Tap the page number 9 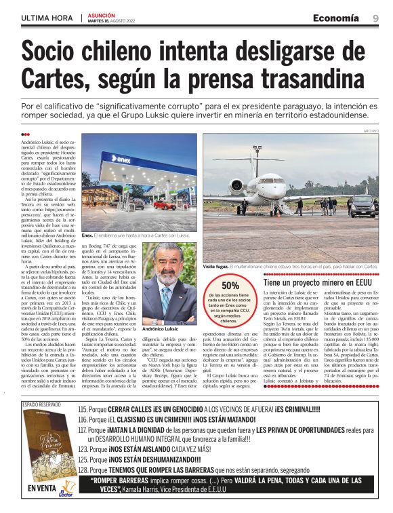click(375, 18)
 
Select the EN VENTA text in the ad click(40, 487)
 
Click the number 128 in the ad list click(83, 469)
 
